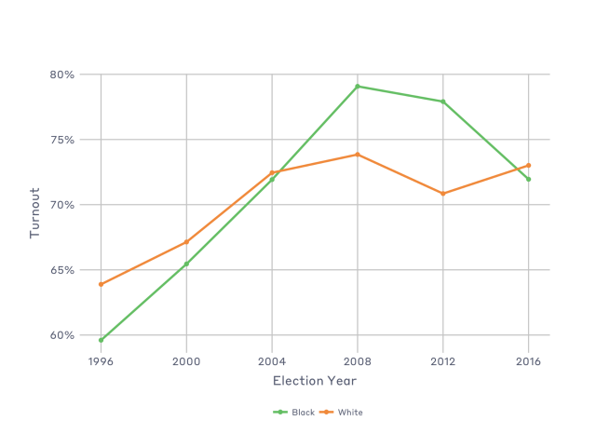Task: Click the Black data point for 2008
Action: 358,87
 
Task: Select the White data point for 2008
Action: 358,155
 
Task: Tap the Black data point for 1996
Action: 101,340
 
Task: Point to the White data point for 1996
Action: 101,284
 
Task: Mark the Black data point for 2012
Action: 443,102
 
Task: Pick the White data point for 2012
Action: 443,194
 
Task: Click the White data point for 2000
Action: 186,242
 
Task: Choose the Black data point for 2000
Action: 186,264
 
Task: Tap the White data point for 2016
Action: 529,166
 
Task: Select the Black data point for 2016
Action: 529,179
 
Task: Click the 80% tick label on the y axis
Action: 63,75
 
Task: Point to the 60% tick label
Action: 63,335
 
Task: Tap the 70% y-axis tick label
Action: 63,205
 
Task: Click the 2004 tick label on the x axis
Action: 272,359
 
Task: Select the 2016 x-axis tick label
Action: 529,359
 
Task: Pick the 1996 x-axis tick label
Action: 101,359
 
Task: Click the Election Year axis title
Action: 314,380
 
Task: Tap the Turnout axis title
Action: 35,212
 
